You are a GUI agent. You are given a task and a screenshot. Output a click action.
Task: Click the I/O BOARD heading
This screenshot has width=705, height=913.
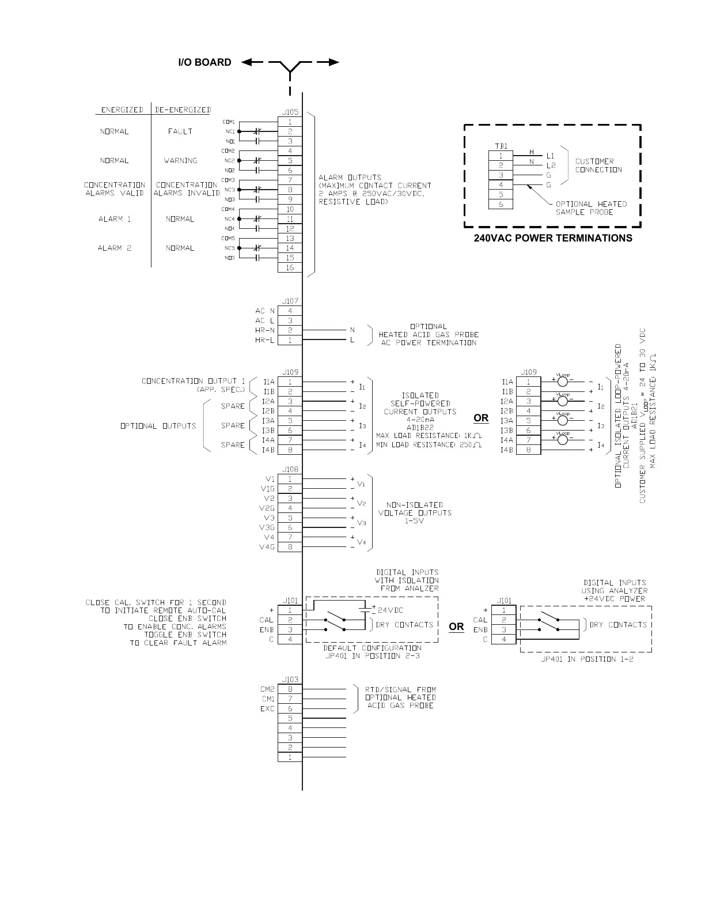(204, 62)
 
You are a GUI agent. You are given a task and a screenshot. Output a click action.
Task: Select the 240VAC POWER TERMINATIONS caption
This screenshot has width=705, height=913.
(552, 238)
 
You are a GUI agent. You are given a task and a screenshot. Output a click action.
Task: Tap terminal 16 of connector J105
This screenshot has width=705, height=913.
(290, 267)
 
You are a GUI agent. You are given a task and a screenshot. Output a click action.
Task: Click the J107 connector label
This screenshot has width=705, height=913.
(290, 301)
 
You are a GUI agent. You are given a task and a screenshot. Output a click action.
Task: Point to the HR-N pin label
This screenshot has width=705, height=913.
(265, 330)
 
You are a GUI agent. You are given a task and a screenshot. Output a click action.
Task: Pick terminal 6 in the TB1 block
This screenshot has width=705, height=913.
(501, 204)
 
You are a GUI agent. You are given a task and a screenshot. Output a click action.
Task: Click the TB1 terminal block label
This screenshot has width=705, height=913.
(501, 146)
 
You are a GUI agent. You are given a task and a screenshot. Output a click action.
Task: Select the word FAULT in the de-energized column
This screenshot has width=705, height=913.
(180, 131)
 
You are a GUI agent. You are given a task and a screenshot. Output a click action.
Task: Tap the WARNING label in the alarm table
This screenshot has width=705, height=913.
(180, 161)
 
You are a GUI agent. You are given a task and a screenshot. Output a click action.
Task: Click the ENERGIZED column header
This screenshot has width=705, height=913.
(122, 110)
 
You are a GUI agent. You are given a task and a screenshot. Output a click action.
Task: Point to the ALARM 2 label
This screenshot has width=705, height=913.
(115, 248)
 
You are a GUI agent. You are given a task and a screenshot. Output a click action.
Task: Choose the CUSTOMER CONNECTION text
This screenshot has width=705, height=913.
(598, 165)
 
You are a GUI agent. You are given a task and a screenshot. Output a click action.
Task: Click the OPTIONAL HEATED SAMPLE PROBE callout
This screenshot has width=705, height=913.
(591, 208)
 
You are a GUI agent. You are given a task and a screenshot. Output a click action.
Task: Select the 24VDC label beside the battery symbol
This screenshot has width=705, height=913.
(391, 610)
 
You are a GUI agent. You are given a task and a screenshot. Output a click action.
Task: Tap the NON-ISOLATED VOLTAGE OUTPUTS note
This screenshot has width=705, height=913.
(415, 512)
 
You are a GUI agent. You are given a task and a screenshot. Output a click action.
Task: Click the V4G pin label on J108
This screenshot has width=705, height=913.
(267, 547)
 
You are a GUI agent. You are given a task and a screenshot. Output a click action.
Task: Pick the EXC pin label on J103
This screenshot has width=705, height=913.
(267, 709)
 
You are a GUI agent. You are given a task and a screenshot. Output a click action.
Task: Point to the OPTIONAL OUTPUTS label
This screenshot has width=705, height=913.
(158, 426)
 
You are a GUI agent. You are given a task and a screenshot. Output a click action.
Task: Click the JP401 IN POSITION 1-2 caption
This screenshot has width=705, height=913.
(587, 659)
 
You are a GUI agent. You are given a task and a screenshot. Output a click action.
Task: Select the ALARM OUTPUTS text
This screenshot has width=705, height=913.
(375, 190)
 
